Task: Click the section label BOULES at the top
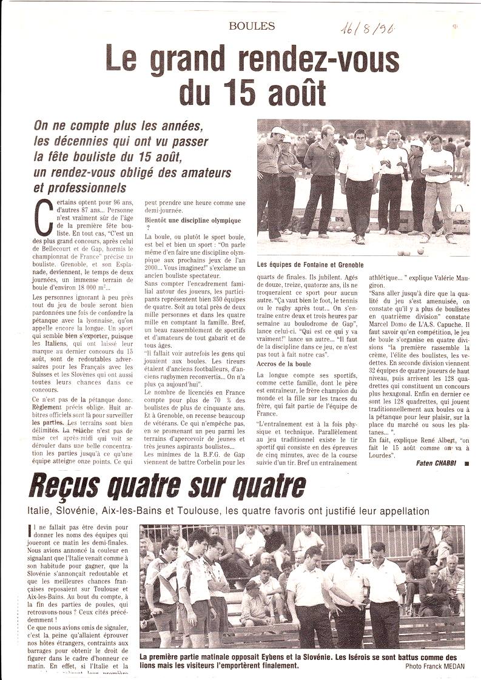[252, 26]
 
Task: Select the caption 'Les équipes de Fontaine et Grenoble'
[311, 264]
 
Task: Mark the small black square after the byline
[466, 463]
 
